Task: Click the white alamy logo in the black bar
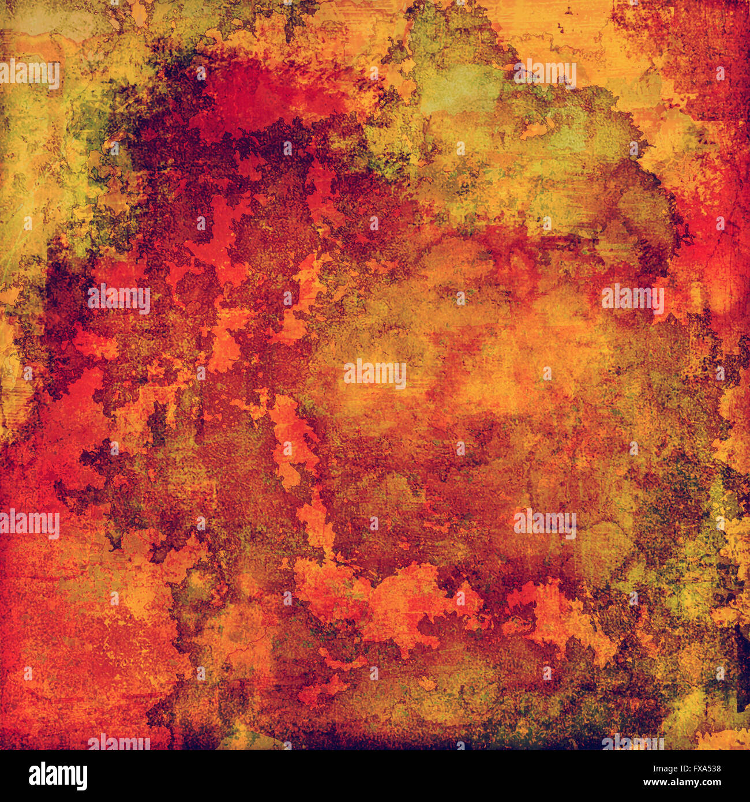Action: tap(58, 776)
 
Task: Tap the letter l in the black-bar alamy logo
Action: tap(43, 775)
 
